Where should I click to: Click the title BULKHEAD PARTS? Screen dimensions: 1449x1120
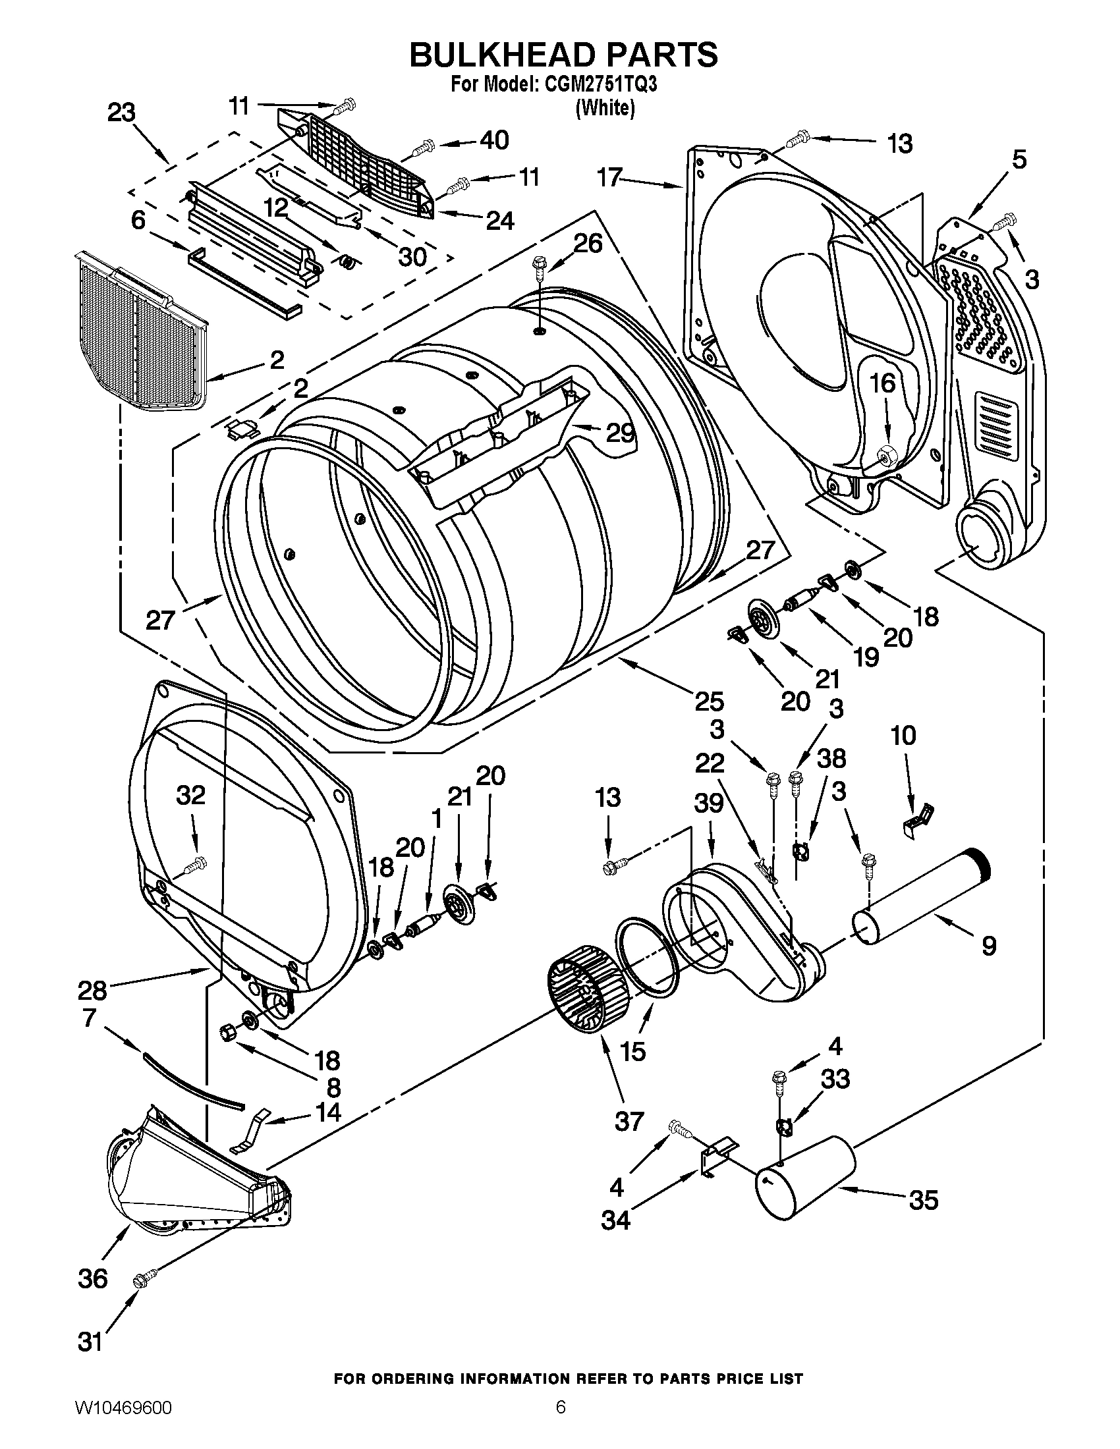click(x=563, y=55)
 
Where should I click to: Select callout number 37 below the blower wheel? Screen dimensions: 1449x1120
click(x=629, y=1120)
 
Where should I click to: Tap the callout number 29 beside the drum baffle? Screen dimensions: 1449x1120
click(x=621, y=433)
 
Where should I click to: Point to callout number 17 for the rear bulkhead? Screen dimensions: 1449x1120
click(x=609, y=177)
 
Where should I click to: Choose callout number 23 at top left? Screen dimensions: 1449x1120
click(x=121, y=113)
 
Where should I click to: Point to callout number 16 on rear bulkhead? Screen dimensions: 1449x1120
click(x=883, y=383)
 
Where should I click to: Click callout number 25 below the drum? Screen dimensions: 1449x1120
click(x=708, y=701)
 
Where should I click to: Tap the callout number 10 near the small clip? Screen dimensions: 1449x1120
click(x=903, y=735)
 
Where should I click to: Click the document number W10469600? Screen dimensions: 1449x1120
click(x=121, y=1423)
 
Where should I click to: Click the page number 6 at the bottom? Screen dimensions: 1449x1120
click(x=561, y=1423)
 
